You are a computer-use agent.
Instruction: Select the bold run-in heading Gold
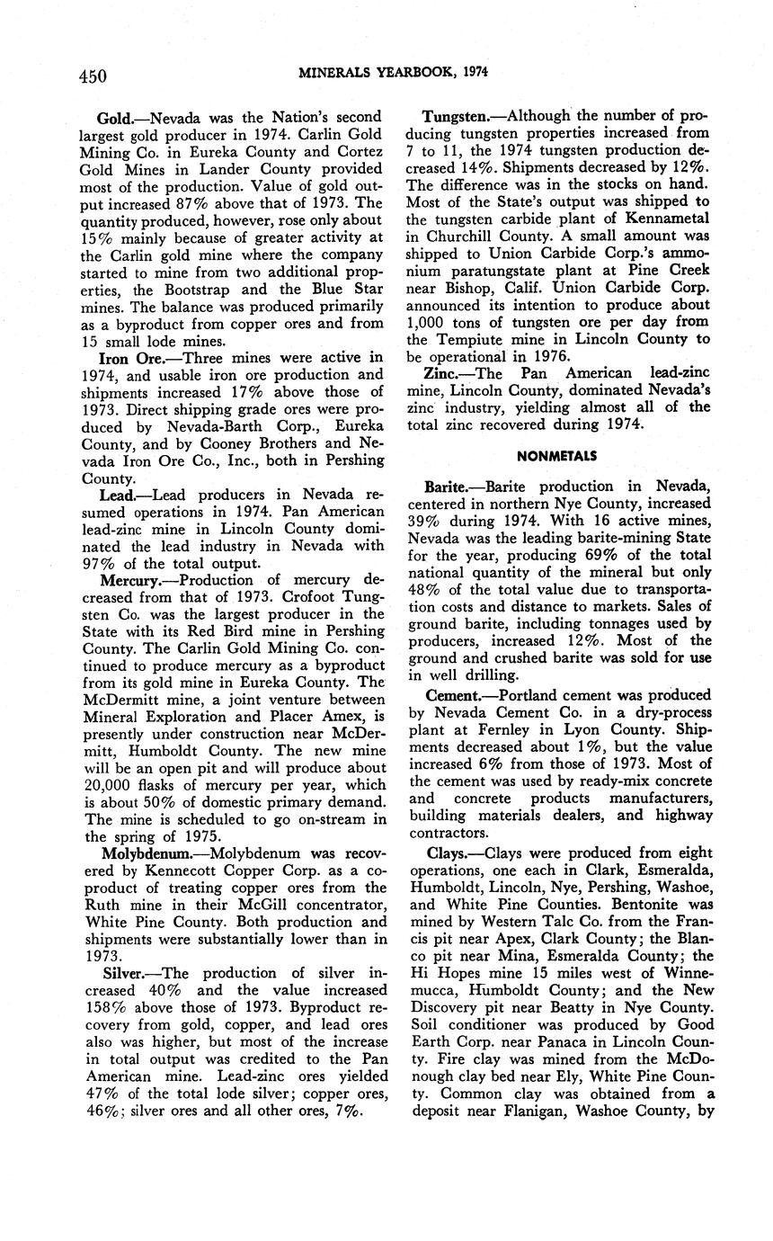pyautogui.click(x=120, y=118)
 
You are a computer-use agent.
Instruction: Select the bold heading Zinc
pyautogui.click(x=440, y=373)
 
